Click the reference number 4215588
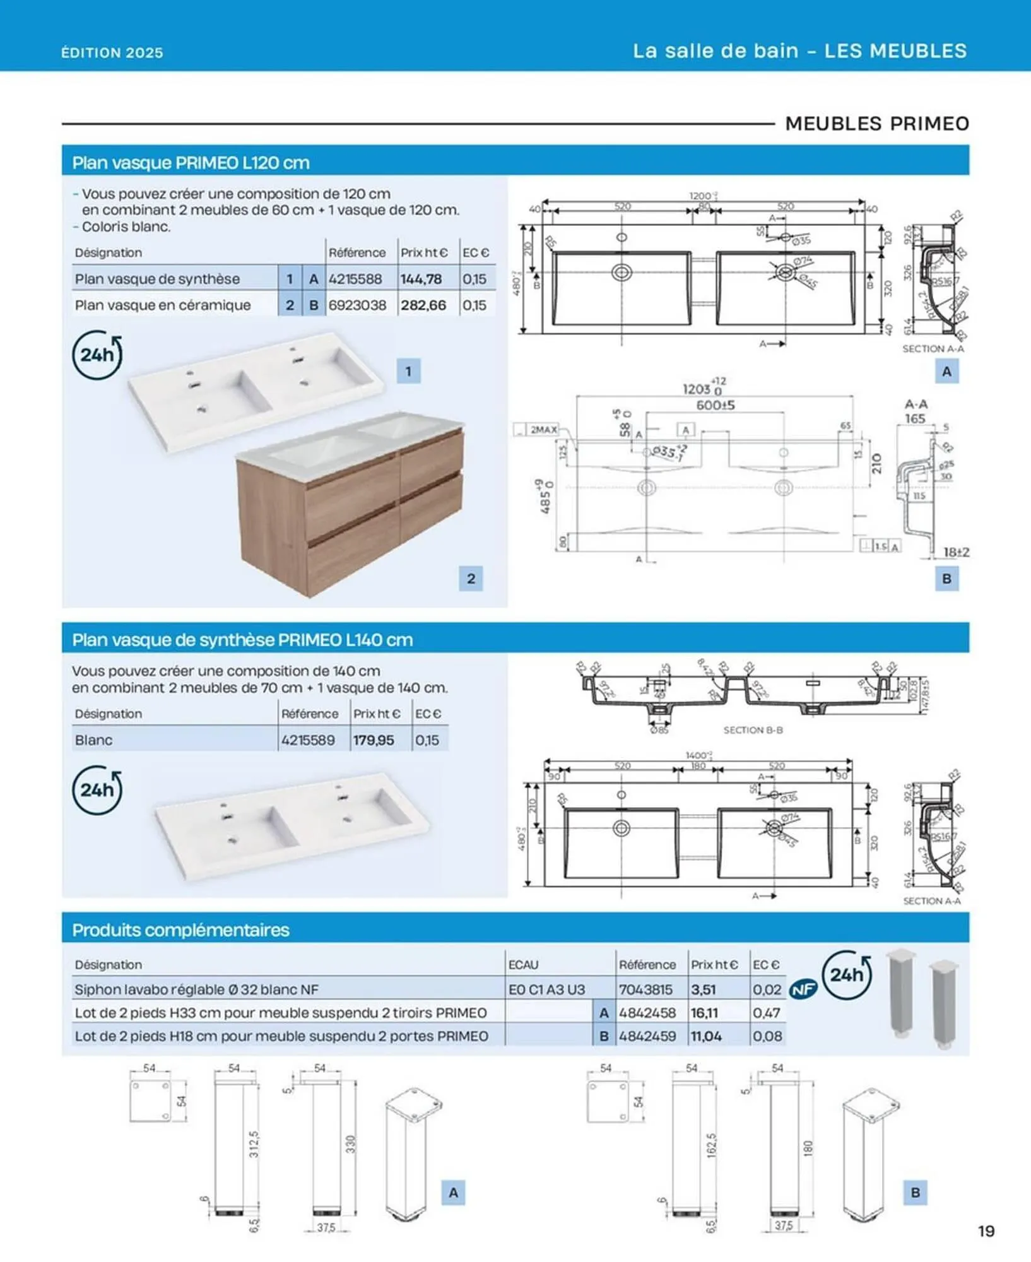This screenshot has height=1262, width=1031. coord(355,279)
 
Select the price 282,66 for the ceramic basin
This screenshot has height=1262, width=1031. coord(423,305)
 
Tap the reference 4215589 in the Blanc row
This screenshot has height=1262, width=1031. coord(308,740)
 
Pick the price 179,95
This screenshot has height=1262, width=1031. coord(374,740)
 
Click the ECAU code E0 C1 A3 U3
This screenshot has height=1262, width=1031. coord(546,989)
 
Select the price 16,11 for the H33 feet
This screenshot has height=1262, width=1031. coord(704,1013)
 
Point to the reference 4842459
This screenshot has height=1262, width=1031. coord(647,1036)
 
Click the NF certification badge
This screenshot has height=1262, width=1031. coord(803,989)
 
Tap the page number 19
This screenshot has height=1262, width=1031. coord(986,1231)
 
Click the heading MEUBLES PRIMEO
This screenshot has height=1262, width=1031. coord(877,124)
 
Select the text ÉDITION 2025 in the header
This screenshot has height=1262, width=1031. coord(112,53)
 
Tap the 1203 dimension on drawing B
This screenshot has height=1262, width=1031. coord(697,389)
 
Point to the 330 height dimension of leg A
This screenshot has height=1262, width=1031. coord(351,1144)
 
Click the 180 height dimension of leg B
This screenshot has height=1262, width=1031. coord(808,1148)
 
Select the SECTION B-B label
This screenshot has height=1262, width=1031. coord(753,730)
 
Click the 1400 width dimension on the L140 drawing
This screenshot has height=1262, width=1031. coord(697,755)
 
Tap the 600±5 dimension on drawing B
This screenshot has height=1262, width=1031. coord(715,405)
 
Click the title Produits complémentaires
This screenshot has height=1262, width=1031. coord(180,930)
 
